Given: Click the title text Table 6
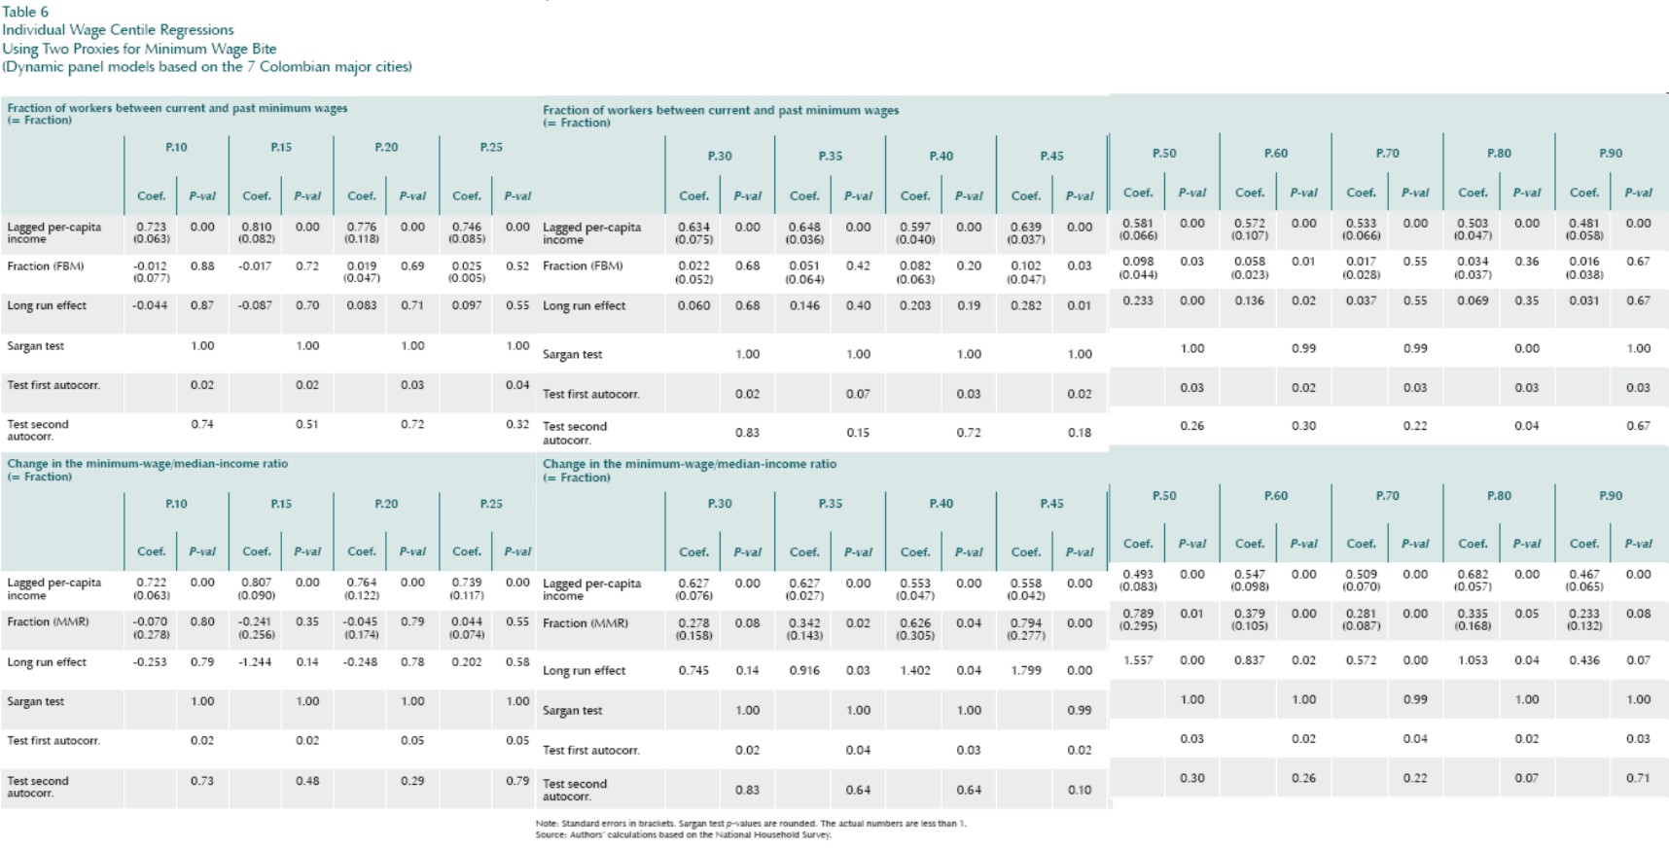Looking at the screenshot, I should [25, 12].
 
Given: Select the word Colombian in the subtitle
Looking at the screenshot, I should [298, 67].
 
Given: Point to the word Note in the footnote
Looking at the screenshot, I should [546, 824].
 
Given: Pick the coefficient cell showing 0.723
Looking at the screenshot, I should [151, 227].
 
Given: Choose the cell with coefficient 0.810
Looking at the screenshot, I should [256, 227].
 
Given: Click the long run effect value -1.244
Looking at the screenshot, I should [256, 662].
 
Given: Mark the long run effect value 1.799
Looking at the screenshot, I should [1025, 670].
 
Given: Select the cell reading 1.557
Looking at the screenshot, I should [1138, 660].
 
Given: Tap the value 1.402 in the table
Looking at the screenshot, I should [914, 670].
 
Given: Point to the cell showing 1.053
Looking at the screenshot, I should [1473, 660].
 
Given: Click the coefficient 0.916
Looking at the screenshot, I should [804, 670].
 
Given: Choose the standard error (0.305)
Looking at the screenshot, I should [914, 636].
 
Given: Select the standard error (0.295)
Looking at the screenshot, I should [1138, 626].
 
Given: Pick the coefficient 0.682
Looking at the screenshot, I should [1473, 575].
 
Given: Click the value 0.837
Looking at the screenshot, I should [1249, 660].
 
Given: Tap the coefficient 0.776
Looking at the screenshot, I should [361, 227].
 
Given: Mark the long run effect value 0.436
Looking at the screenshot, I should [1583, 660].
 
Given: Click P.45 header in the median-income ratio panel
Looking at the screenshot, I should [1051, 504].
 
